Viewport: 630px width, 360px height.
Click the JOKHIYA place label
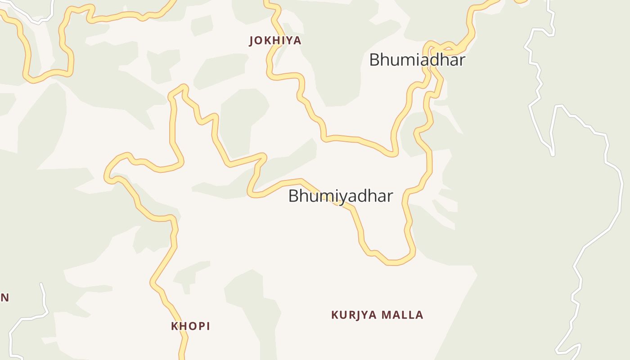click(275, 40)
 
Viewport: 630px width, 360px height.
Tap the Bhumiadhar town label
click(417, 60)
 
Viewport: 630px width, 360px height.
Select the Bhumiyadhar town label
click(340, 196)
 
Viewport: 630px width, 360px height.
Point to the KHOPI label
click(190, 326)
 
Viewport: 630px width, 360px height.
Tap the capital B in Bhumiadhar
click(374, 60)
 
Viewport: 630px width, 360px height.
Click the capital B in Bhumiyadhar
click(293, 196)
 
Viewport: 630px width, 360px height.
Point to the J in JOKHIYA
click(252, 41)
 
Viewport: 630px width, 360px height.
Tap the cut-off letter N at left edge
click(4, 297)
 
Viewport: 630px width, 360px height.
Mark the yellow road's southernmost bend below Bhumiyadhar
click(392, 262)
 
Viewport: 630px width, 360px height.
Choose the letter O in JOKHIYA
click(260, 40)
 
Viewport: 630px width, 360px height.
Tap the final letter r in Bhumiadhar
click(461, 60)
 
